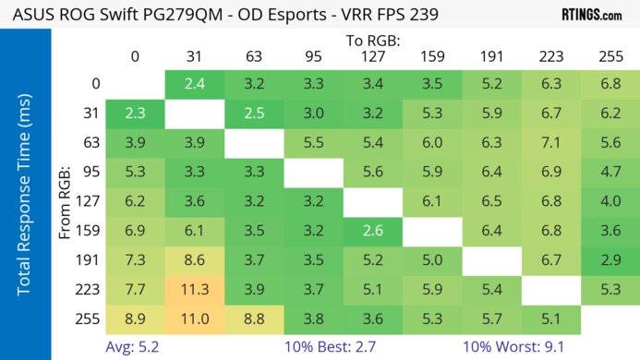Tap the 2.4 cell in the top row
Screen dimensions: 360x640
tap(194, 84)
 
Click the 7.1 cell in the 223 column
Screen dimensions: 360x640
tap(550, 143)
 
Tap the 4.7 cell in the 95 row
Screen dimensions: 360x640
tap(610, 173)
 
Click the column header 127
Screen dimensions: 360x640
tap(372, 56)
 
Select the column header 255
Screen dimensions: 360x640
tap(610, 56)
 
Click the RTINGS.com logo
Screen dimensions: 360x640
tap(592, 15)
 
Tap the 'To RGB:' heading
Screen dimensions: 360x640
tap(372, 41)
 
